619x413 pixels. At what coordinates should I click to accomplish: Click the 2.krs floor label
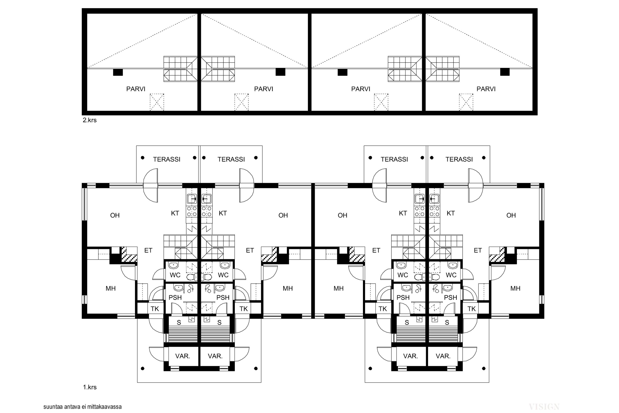[x=90, y=120]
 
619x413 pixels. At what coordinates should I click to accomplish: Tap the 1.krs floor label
[x=90, y=387]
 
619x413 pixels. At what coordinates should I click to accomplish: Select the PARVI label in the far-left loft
[x=136, y=89]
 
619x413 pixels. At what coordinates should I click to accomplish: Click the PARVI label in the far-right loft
[x=486, y=89]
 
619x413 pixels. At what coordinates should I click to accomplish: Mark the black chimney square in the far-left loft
[x=118, y=72]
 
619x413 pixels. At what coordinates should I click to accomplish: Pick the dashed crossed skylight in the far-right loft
[x=466, y=102]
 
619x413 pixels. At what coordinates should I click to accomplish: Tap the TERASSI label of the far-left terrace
[x=167, y=159]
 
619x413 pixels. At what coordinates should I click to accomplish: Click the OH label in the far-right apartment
[x=511, y=215]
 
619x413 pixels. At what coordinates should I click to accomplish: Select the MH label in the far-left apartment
[x=111, y=288]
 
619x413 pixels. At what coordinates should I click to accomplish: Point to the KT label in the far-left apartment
[x=175, y=213]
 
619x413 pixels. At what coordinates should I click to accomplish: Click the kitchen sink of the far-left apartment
[x=192, y=199]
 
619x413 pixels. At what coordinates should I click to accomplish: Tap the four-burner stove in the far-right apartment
[x=434, y=211]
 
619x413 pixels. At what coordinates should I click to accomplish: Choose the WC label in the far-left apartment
[x=175, y=275]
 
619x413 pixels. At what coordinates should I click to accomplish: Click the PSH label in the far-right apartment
[x=451, y=298]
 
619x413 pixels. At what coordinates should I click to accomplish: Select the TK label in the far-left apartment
[x=155, y=309]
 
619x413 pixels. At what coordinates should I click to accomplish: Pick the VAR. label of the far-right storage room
[x=443, y=356]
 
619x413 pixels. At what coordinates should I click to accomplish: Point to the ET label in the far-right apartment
[x=478, y=250]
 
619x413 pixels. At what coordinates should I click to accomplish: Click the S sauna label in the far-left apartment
[x=179, y=322]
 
